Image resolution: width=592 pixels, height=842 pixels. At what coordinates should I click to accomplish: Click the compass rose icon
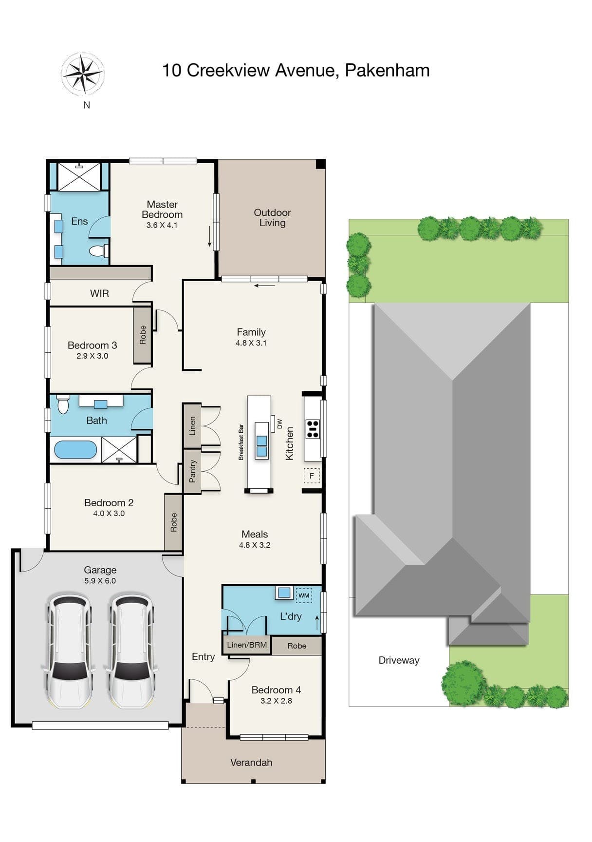click(x=83, y=74)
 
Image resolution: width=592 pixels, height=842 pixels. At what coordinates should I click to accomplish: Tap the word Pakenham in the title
click(x=387, y=70)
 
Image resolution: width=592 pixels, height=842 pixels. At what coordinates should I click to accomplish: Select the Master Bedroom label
click(x=162, y=210)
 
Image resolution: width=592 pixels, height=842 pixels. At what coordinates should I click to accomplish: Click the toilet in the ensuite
click(x=99, y=251)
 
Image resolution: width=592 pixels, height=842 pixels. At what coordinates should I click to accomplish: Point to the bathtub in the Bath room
click(x=75, y=450)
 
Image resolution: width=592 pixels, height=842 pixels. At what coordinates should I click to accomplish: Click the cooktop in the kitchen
click(x=313, y=429)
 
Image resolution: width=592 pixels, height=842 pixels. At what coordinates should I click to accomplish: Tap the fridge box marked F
click(x=312, y=476)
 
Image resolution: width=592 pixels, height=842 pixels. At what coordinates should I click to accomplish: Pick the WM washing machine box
click(x=304, y=595)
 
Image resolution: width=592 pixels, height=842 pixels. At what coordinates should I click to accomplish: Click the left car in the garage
click(x=70, y=650)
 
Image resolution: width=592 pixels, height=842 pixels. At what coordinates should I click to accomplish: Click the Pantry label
click(x=192, y=471)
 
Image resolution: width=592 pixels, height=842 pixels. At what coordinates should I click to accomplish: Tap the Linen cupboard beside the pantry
click(x=192, y=425)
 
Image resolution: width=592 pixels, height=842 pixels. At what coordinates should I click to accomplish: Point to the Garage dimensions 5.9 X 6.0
click(x=100, y=581)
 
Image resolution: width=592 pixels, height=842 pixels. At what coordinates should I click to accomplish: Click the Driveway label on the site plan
click(x=399, y=660)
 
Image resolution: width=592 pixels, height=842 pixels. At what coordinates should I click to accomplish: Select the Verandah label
click(x=251, y=763)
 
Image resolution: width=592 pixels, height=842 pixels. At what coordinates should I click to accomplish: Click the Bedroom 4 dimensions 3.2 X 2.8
click(x=276, y=701)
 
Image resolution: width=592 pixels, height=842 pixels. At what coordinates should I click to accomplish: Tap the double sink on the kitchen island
click(x=261, y=446)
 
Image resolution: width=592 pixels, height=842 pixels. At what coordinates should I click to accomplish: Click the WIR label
click(x=99, y=293)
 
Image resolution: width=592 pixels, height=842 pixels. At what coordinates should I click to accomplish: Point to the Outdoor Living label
click(x=272, y=217)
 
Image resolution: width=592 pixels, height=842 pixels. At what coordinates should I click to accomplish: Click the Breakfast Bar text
click(x=241, y=442)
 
